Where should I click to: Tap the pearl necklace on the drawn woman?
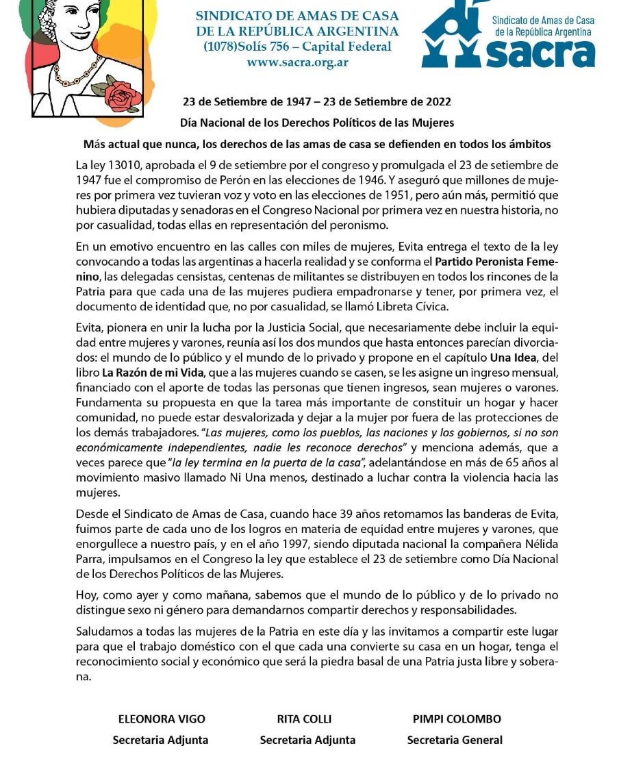[79, 73]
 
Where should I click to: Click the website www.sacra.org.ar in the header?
[297, 61]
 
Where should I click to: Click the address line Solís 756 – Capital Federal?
[298, 47]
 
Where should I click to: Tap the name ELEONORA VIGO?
[162, 719]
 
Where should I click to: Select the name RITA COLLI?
[304, 719]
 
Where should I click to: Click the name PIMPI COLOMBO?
[457, 719]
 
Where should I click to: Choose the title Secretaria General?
[455, 740]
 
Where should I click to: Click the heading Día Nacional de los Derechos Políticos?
[317, 123]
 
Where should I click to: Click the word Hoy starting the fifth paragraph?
[86, 596]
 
